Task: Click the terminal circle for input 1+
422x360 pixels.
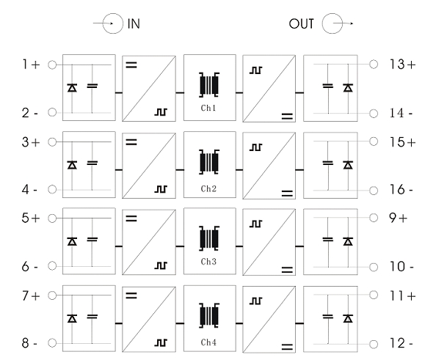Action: (x=52, y=65)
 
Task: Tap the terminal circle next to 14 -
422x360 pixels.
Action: (x=374, y=114)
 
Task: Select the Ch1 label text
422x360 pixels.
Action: (x=208, y=108)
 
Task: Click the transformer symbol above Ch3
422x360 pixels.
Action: (x=209, y=238)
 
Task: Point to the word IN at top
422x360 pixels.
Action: (x=134, y=24)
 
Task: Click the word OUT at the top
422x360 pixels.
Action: (x=301, y=24)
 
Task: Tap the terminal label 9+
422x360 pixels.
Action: (x=398, y=218)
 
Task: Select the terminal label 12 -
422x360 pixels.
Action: (x=401, y=343)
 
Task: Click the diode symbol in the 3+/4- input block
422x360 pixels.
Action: (x=72, y=164)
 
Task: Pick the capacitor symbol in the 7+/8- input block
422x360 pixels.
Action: (x=92, y=317)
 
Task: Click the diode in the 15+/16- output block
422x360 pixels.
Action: (x=348, y=164)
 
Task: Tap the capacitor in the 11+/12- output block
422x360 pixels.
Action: (x=328, y=317)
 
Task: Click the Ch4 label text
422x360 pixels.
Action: (x=208, y=342)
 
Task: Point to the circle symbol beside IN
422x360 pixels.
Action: (x=113, y=23)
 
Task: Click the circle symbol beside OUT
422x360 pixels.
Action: (x=332, y=23)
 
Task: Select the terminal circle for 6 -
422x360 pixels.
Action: (x=52, y=266)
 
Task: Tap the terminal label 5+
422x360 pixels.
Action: (x=31, y=218)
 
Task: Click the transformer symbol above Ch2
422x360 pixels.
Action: (x=209, y=162)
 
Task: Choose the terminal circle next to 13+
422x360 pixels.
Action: (x=374, y=65)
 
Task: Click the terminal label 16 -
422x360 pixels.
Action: (x=401, y=190)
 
